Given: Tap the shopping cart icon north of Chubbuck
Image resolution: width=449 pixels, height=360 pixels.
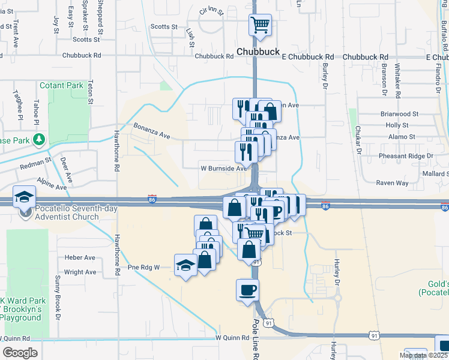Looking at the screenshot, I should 260,26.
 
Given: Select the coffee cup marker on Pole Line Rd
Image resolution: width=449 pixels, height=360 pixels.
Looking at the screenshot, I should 247,291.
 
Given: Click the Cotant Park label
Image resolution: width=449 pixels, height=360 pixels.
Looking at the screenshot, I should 61,85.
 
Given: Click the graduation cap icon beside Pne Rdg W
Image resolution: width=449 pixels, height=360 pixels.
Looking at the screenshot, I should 186,265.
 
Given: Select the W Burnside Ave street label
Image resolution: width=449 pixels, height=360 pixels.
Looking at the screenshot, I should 224,169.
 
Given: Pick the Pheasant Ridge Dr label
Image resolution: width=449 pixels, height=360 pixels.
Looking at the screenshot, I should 406,156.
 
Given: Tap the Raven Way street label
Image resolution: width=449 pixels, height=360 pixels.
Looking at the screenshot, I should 392,182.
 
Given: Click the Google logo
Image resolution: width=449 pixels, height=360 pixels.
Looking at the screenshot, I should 20,352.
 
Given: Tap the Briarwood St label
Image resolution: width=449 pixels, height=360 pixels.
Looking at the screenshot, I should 399,113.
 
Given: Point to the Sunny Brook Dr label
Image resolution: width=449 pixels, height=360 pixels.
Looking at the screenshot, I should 58,290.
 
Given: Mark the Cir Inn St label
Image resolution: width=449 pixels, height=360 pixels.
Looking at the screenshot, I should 211,11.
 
